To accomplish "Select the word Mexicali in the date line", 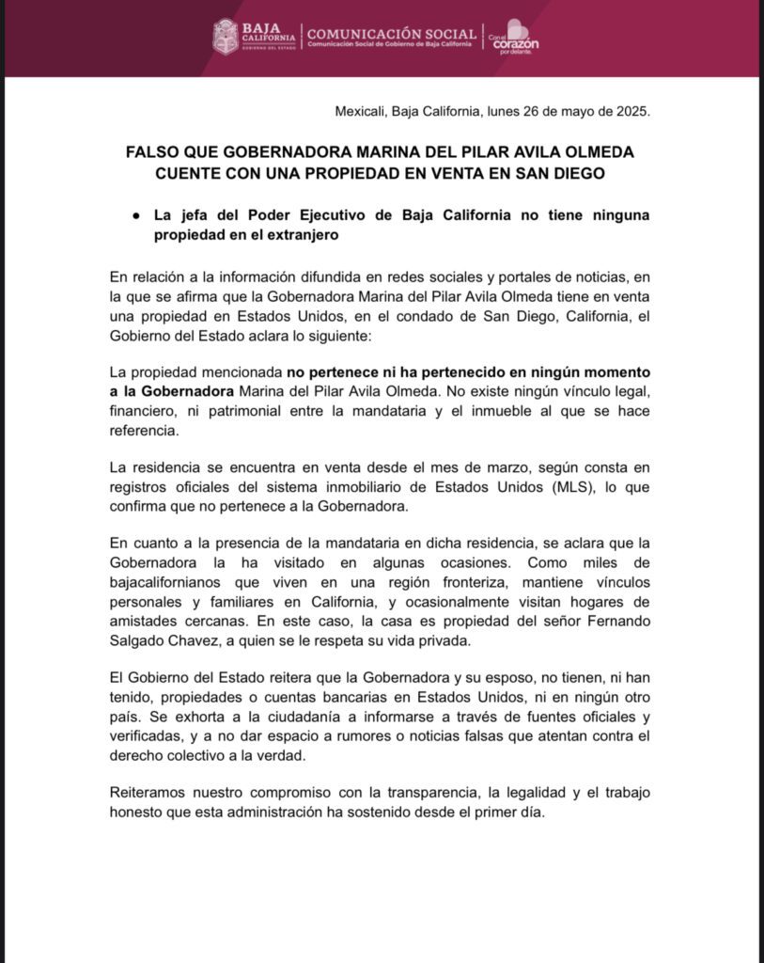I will click(361, 111).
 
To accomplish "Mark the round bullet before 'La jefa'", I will click(136, 215).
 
